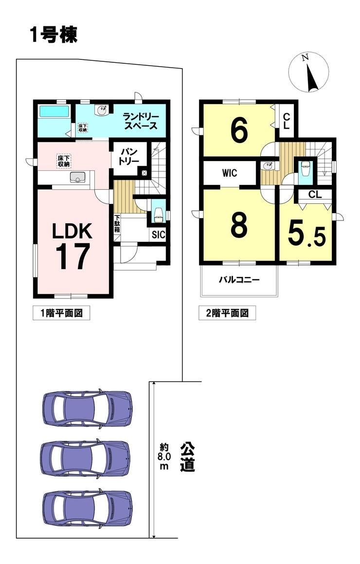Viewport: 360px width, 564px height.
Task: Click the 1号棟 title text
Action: pyautogui.click(x=54, y=36)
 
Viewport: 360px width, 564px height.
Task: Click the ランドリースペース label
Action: pyautogui.click(x=140, y=121)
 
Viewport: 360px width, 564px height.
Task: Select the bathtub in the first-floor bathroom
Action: pyautogui.click(x=54, y=111)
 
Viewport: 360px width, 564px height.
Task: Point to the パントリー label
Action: pyautogui.click(x=129, y=156)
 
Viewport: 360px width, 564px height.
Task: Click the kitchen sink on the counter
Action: pyautogui.click(x=77, y=177)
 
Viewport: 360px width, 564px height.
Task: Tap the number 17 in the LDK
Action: pyautogui.click(x=72, y=256)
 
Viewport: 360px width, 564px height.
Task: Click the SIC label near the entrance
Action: pyautogui.click(x=158, y=235)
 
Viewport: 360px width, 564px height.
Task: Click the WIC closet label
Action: pyautogui.click(x=230, y=173)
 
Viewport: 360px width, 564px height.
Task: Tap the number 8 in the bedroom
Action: pyautogui.click(x=239, y=225)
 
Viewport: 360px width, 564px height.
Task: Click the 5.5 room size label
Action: pyautogui.click(x=307, y=234)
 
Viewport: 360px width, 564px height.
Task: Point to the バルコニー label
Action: pyautogui.click(x=239, y=279)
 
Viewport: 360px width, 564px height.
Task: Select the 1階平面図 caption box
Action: pyautogui.click(x=61, y=313)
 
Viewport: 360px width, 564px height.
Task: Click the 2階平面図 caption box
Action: pyautogui.click(x=227, y=313)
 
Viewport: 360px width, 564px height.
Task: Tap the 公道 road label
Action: pyautogui.click(x=187, y=457)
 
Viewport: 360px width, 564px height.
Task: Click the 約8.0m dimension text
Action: pyautogui.click(x=164, y=457)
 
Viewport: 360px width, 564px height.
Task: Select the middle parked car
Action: pyautogui.click(x=85, y=458)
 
